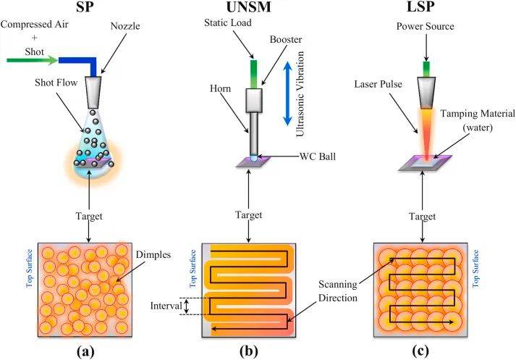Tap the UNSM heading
coord(250,9)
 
